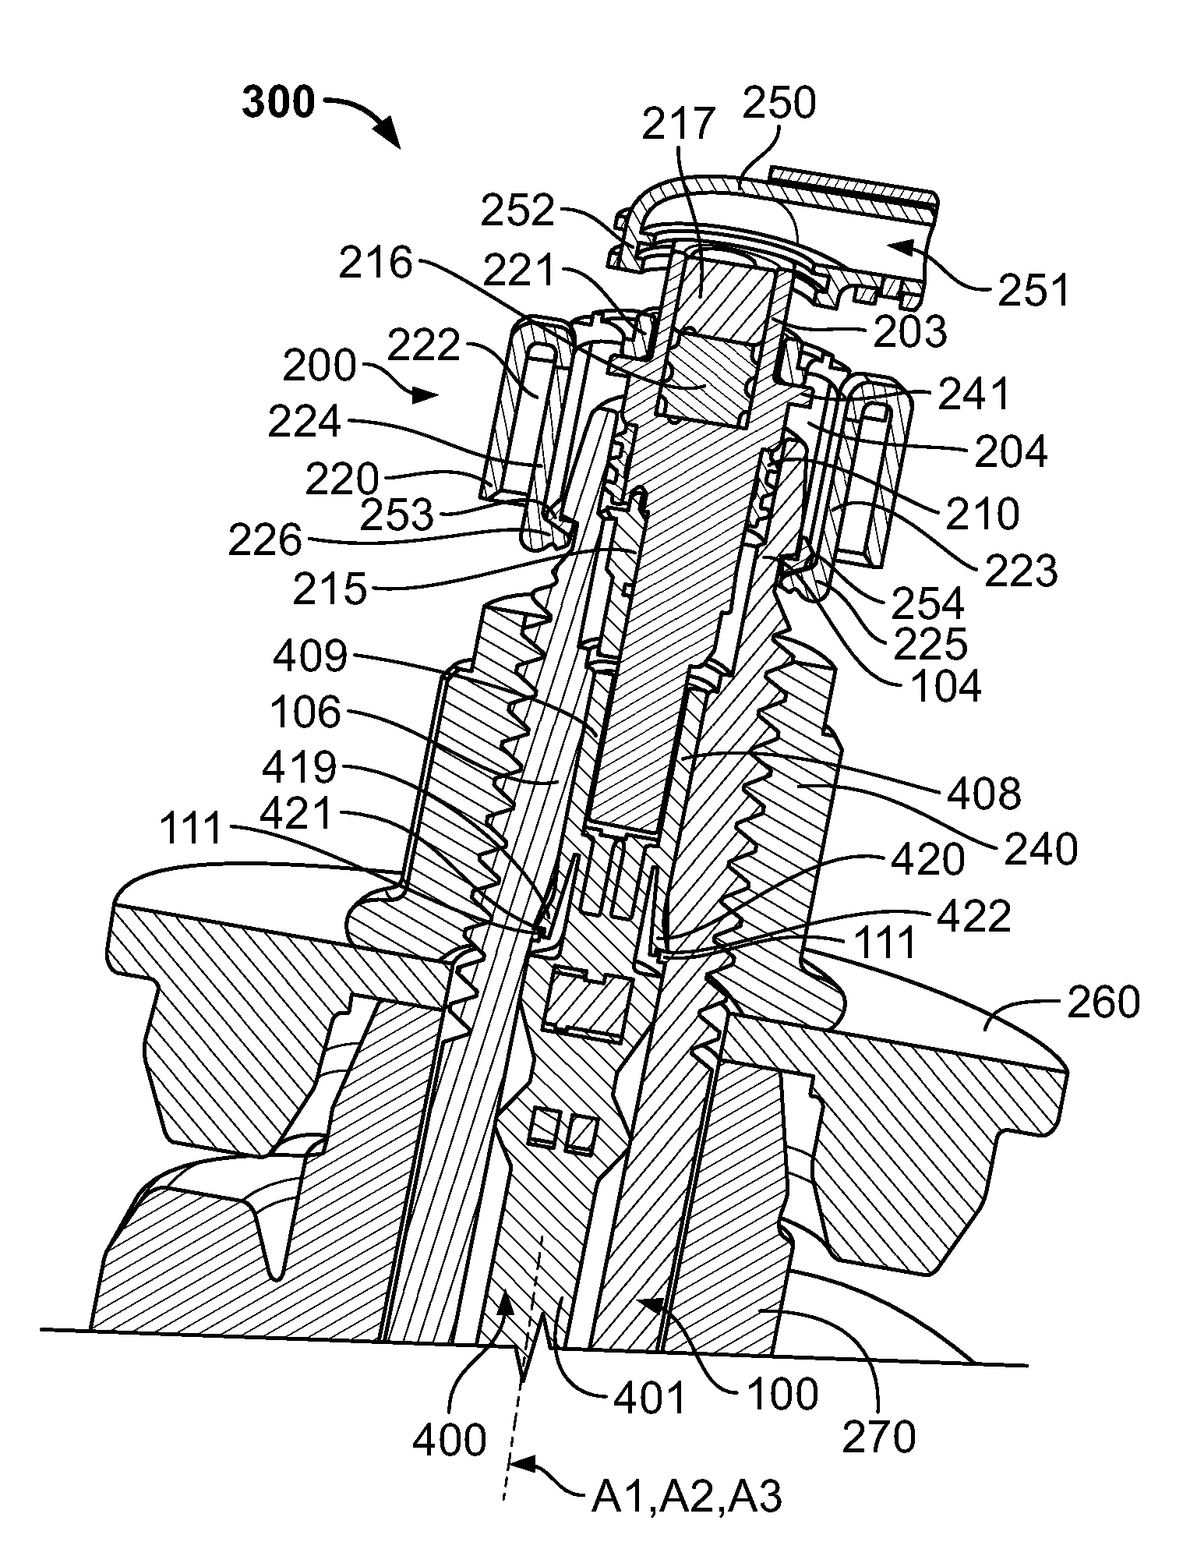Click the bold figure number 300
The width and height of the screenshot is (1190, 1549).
[278, 103]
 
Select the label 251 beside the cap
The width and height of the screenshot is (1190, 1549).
[1031, 291]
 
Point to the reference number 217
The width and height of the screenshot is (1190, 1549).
[678, 124]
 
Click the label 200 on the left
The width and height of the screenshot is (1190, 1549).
[320, 366]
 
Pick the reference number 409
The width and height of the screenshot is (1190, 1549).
[309, 656]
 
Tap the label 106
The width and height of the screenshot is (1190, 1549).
[306, 713]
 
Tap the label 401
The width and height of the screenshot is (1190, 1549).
[649, 1399]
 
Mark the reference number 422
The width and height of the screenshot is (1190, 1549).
[973, 917]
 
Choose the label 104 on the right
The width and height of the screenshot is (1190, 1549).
[945, 686]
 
